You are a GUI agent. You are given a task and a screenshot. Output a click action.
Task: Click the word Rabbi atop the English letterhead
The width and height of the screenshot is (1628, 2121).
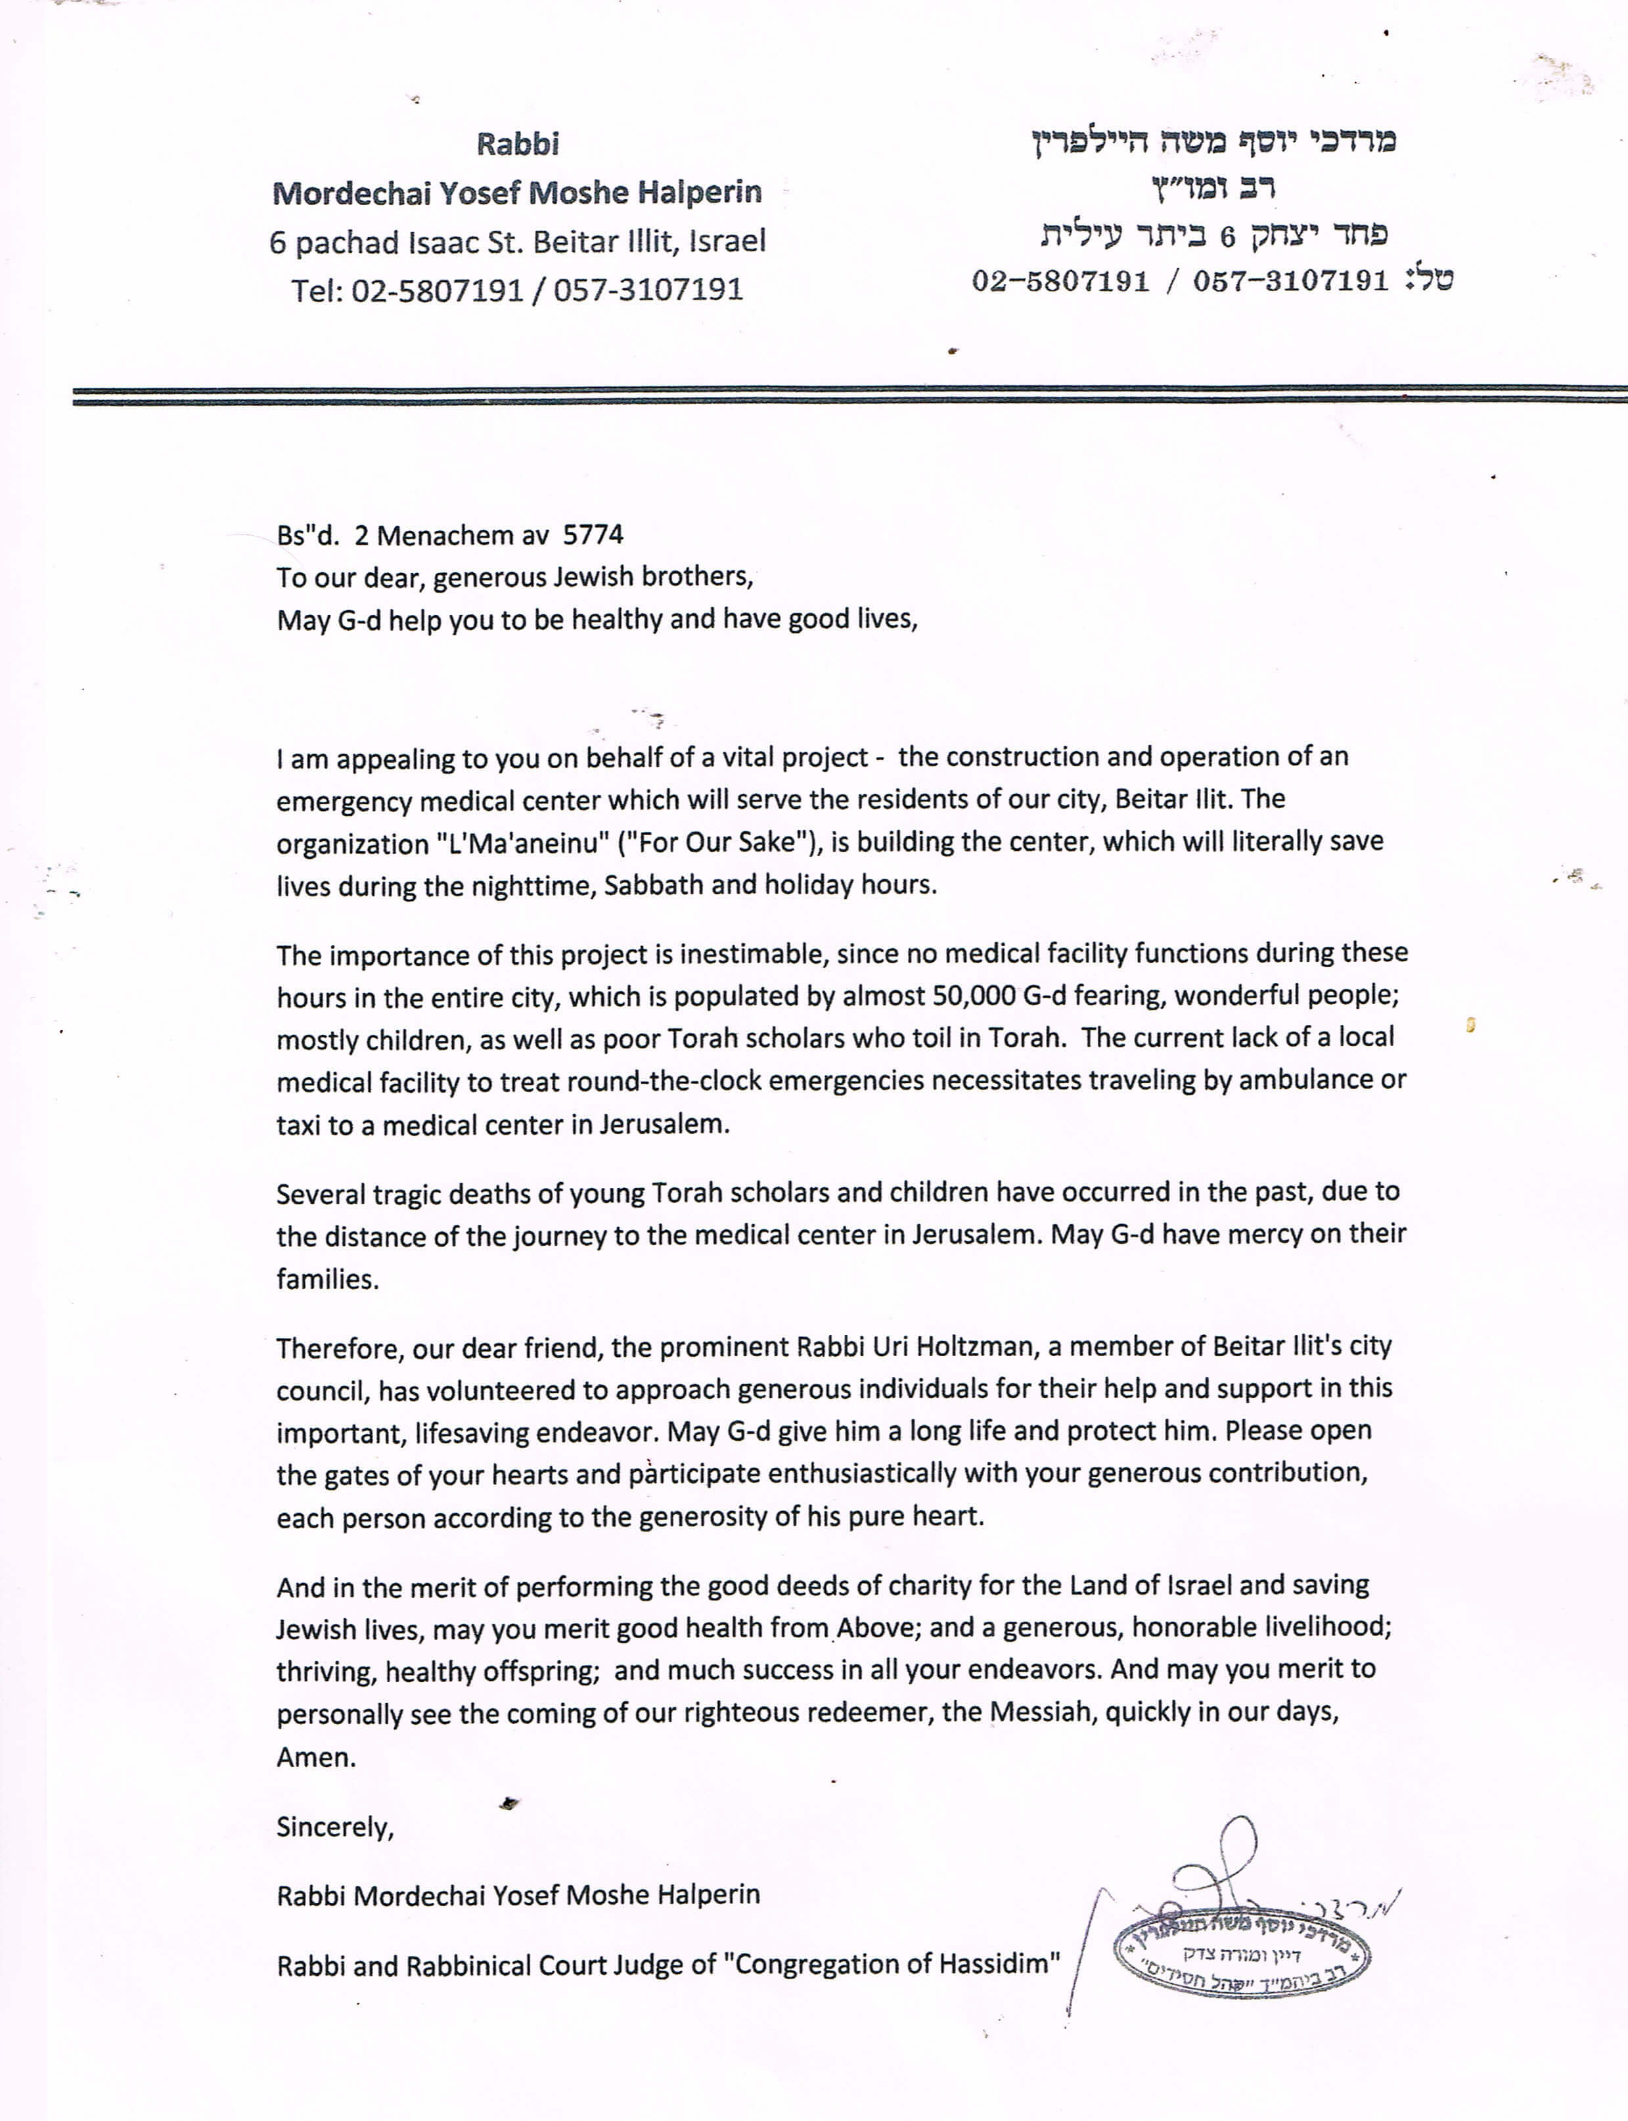[518, 145]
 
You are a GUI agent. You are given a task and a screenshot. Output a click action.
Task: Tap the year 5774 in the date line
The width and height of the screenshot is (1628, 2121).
[593, 535]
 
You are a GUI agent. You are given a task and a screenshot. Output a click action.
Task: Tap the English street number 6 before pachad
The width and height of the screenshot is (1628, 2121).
[277, 242]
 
